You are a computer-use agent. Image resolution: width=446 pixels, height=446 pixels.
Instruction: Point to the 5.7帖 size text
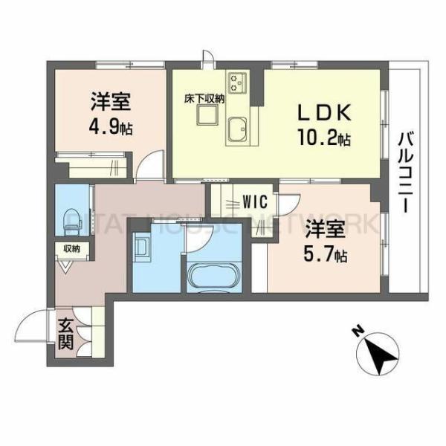[x=324, y=254]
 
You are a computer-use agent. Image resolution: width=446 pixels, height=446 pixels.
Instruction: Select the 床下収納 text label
[x=201, y=97]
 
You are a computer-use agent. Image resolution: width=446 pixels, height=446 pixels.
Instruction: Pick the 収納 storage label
[x=71, y=249]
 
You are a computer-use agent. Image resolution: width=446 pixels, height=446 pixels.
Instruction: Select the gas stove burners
[x=238, y=81]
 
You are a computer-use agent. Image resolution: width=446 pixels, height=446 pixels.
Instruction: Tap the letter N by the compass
[x=358, y=332]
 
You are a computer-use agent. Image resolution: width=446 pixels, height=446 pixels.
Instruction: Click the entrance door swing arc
[x=33, y=327]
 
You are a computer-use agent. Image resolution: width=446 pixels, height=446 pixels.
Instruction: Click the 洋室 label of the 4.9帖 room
[x=108, y=100]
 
